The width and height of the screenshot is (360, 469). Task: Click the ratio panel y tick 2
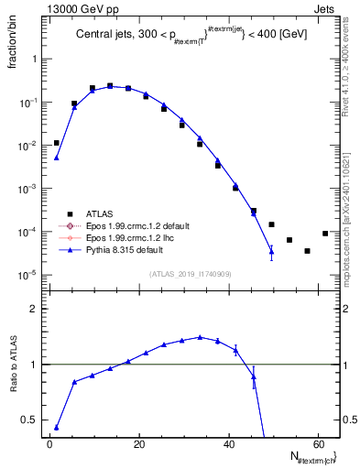pos(36,310)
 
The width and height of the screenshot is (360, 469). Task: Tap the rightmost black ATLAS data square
pos(325,234)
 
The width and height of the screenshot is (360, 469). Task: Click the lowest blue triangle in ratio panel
pos(56,427)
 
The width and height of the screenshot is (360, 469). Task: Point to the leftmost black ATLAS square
pos(56,143)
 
